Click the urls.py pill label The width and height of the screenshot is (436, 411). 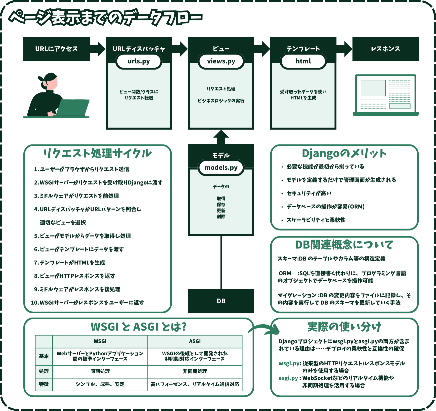tap(139, 61)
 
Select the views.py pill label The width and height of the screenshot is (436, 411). tap(221, 61)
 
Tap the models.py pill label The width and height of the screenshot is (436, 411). tap(221, 168)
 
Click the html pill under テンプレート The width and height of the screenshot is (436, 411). tap(303, 61)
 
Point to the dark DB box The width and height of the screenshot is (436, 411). tap(221, 301)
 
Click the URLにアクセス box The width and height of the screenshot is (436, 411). tap(56, 49)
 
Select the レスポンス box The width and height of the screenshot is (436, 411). tap(385, 49)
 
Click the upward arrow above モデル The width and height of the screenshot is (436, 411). tap(221, 137)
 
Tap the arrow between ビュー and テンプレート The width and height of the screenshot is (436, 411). tap(262, 49)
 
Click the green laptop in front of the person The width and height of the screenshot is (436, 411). tap(73, 107)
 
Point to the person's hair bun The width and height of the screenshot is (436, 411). tap(41, 79)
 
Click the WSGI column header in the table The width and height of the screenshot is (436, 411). tap(100, 341)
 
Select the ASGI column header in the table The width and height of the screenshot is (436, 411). tap(195, 341)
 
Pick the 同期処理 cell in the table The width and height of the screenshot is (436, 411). tap(100, 371)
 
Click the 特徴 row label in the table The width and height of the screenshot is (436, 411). tap(44, 384)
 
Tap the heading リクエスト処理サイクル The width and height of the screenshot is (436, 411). tap(97, 153)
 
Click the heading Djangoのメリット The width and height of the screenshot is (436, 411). tap(344, 153)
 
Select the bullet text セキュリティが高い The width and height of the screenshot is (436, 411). tap(309, 193)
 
